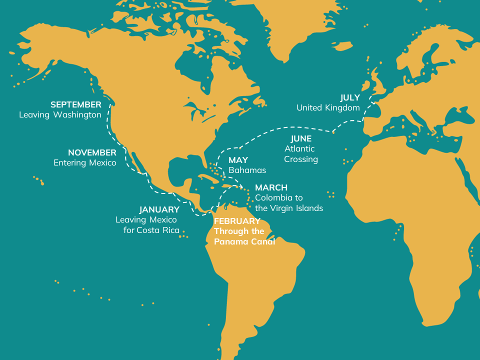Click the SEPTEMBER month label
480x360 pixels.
click(75, 104)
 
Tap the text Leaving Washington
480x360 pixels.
click(60, 115)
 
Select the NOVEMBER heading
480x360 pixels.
click(92, 152)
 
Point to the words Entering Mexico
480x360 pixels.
click(84, 163)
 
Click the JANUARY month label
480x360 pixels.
click(159, 209)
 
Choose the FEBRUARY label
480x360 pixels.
click(237, 221)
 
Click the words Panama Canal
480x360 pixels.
click(244, 241)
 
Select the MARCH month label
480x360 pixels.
click(271, 187)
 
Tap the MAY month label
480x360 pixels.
click(238, 160)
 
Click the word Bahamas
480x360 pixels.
click(247, 170)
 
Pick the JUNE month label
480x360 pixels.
click(301, 138)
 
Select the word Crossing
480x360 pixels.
click(301, 159)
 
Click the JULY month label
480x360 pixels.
click(350, 97)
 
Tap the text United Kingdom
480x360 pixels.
click(328, 108)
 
